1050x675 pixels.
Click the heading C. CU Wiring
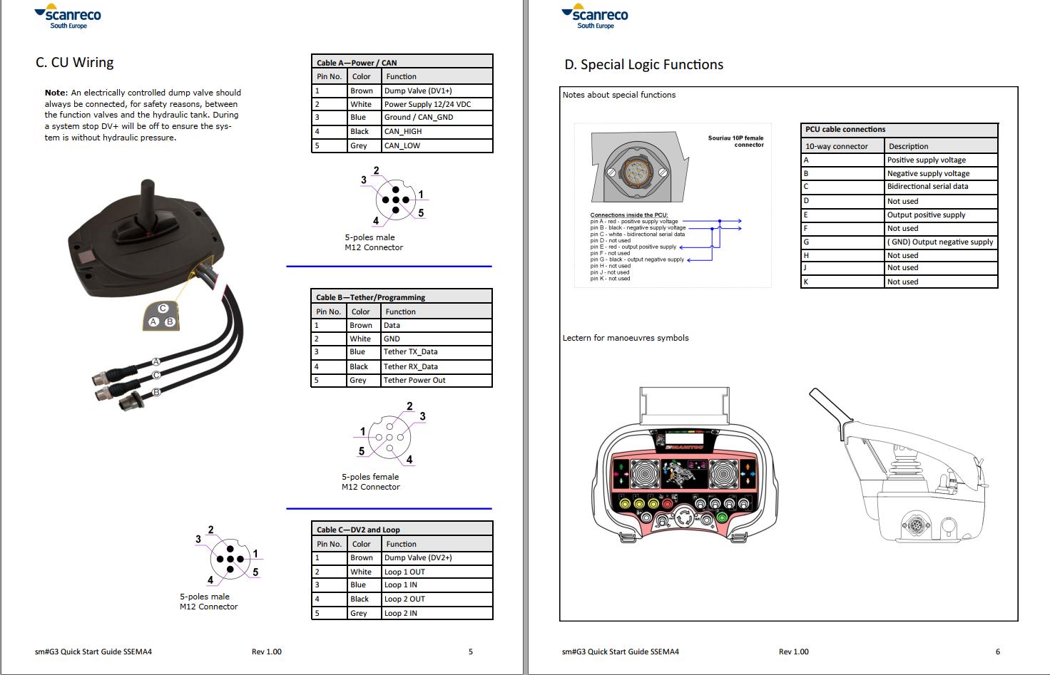(74, 63)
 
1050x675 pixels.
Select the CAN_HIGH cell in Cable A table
(403, 132)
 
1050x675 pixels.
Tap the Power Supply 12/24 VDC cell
(427, 104)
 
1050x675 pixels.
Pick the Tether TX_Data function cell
(410, 352)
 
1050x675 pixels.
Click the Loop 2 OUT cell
(404, 599)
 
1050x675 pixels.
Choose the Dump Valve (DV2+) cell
(418, 558)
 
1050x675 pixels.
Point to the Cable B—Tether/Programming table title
(371, 297)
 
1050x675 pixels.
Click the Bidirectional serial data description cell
(927, 187)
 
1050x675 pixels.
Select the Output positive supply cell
(926, 215)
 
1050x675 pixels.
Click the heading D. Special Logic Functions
(643, 65)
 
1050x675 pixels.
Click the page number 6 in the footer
(997, 651)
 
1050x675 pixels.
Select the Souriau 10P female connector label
(735, 141)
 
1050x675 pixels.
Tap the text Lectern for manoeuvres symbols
(626, 338)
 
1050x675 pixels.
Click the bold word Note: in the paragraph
(56, 93)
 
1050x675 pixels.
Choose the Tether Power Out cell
(414, 381)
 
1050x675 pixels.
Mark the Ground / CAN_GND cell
(419, 118)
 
